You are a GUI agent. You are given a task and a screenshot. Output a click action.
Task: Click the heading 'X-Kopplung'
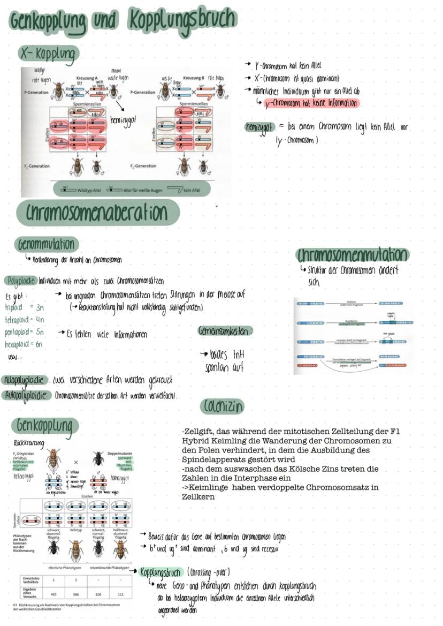48,54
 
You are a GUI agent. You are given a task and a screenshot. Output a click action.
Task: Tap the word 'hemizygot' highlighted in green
259,127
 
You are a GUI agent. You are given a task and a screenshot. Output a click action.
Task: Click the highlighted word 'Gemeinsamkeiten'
225,331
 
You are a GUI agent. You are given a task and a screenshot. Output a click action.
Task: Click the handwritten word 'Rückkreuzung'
29,443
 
